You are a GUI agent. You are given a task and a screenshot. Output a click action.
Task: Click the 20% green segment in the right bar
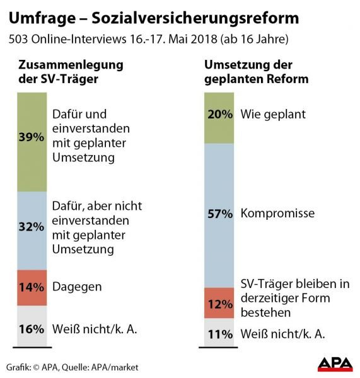(x=220, y=115)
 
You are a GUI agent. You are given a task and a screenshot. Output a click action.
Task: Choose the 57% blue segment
(x=220, y=214)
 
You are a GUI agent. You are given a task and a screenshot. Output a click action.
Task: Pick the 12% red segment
(x=220, y=304)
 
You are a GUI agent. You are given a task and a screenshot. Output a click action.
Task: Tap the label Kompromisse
(x=277, y=214)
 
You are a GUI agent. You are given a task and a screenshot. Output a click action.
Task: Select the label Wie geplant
(x=273, y=115)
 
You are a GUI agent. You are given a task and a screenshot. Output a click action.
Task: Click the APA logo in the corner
(x=335, y=365)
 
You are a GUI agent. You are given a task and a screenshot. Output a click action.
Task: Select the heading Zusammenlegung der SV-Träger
(x=54, y=72)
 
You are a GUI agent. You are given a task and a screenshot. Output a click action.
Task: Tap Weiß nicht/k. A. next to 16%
(x=94, y=328)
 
